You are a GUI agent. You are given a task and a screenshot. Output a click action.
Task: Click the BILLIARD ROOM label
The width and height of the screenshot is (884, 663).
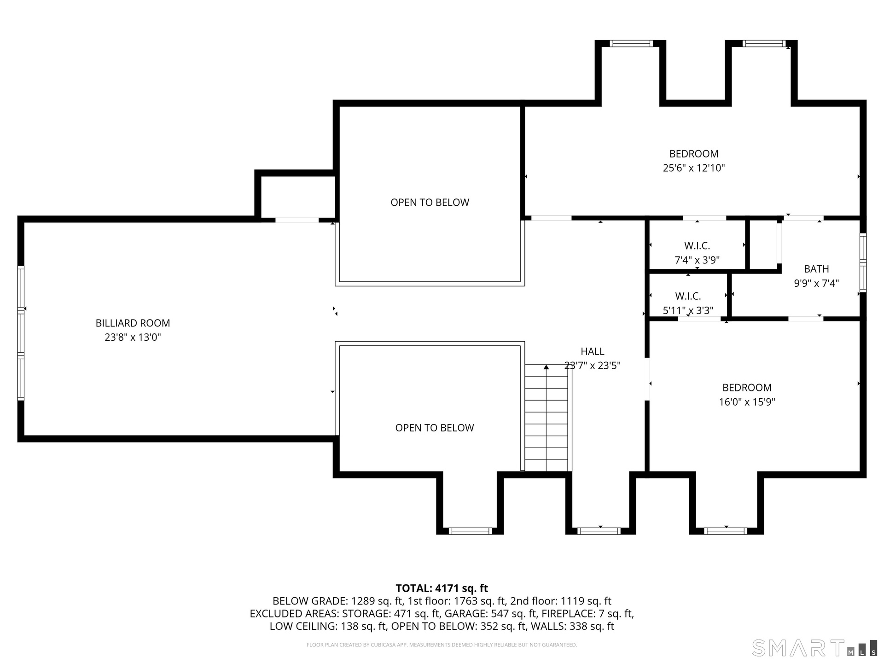[x=133, y=323]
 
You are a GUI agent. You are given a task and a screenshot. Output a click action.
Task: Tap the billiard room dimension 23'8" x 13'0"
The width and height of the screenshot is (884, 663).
[x=133, y=337]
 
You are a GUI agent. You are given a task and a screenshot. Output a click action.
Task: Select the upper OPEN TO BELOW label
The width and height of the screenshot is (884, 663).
[x=430, y=203]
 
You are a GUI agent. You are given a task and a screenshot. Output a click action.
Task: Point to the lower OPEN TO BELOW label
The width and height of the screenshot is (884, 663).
[x=434, y=428]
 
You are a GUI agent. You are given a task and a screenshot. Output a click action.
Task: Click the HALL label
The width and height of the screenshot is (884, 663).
[x=592, y=352]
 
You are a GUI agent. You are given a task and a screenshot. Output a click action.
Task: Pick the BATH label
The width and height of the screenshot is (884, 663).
[x=816, y=269]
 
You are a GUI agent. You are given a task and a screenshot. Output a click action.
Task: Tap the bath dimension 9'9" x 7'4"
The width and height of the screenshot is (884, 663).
[x=816, y=283]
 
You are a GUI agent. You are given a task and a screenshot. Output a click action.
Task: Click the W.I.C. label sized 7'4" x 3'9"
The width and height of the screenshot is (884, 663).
[x=697, y=246]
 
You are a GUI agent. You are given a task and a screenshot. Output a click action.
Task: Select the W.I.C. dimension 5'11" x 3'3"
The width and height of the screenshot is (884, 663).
[x=688, y=311]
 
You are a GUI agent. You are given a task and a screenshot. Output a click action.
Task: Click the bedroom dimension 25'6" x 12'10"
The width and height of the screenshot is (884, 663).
[x=693, y=168]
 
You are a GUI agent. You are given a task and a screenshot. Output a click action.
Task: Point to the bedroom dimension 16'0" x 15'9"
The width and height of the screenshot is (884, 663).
[x=747, y=402]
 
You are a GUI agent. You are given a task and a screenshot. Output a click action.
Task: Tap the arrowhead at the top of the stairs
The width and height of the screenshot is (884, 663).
[x=546, y=367]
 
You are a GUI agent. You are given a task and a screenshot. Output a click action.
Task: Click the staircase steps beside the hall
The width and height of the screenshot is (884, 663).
[x=546, y=418]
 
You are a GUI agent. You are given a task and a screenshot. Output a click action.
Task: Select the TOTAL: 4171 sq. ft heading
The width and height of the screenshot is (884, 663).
[x=442, y=588]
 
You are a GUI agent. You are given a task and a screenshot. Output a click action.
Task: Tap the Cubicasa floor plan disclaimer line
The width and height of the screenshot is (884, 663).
[x=442, y=645]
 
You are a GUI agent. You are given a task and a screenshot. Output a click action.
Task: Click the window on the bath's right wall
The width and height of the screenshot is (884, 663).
[x=863, y=262]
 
